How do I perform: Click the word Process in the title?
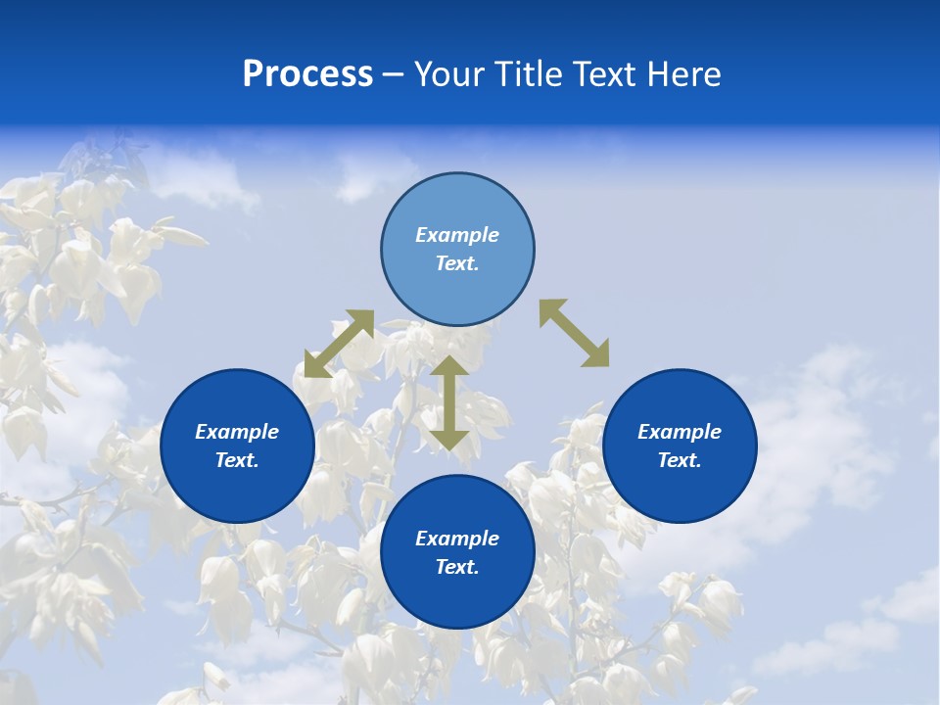coord(307,74)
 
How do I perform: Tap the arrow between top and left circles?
coord(339,344)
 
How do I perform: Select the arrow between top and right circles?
coord(574,333)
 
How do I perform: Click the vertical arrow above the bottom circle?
coord(448,402)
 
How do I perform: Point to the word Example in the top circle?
coord(457,235)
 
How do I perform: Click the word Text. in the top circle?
coord(457,263)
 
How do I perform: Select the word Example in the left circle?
coord(237,432)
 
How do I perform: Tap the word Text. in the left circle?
coord(237,460)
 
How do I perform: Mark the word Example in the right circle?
coord(680,432)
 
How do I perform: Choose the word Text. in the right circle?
coord(680,460)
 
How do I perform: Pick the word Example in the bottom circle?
coord(457,539)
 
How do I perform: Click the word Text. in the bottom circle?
coord(457,567)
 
